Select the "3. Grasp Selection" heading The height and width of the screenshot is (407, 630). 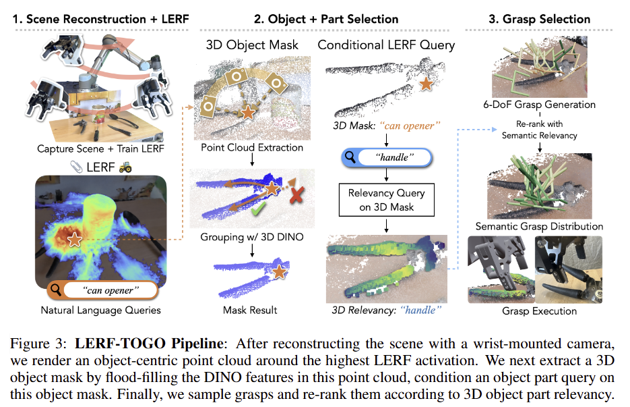tap(539, 19)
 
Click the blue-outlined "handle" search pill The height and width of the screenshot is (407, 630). tap(385, 158)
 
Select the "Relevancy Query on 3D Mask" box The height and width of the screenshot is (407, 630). tap(385, 200)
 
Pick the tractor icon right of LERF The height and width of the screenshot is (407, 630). tap(125, 166)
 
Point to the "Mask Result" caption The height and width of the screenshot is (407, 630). tap(251, 310)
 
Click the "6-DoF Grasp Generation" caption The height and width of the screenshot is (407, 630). tap(539, 105)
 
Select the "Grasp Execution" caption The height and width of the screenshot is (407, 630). tap(539, 311)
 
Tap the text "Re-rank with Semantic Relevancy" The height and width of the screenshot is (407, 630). tap(539, 130)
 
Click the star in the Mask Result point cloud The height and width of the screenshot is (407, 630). tap(278, 273)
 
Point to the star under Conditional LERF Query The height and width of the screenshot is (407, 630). tap(425, 84)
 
